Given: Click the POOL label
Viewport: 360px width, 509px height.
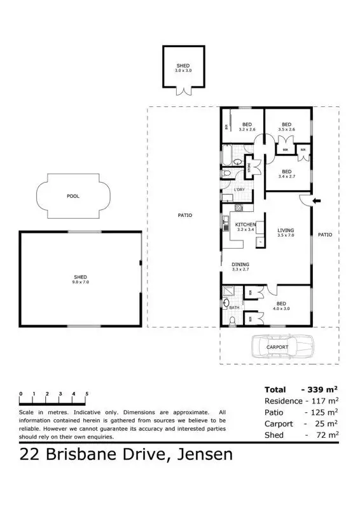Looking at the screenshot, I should pyautogui.click(x=73, y=196).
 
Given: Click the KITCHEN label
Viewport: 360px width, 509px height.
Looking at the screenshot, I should pyautogui.click(x=246, y=225).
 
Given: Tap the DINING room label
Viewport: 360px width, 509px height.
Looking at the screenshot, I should pyautogui.click(x=240, y=264).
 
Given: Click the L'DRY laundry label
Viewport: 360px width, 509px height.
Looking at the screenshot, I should pyautogui.click(x=240, y=190).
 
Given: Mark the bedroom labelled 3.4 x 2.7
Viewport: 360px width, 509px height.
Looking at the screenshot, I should pyautogui.click(x=287, y=173).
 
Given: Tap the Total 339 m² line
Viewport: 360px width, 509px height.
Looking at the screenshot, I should pyautogui.click(x=300, y=389).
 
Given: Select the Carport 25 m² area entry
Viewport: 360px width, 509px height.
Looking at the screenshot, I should pyautogui.click(x=300, y=423).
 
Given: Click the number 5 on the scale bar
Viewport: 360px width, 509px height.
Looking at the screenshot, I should pyautogui.click(x=87, y=394).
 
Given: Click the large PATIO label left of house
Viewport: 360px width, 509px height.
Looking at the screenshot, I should pyautogui.click(x=185, y=215).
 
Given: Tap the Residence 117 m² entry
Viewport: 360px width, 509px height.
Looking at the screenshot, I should pyautogui.click(x=300, y=401).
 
